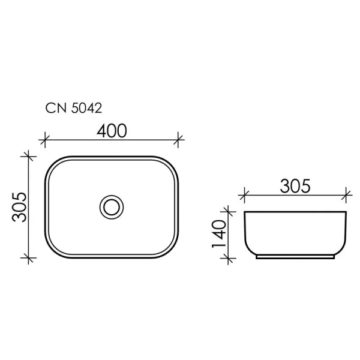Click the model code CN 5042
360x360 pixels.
[x=74, y=109]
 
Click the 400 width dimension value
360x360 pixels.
[x=112, y=130]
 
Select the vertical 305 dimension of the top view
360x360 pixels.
[x=20, y=207]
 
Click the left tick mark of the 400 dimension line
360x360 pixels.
[x=43, y=141]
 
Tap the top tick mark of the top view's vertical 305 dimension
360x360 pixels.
[x=26, y=156]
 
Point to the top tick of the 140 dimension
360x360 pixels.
[x=227, y=211]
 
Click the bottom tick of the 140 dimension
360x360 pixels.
[x=227, y=258]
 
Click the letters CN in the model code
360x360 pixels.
[x=55, y=109]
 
